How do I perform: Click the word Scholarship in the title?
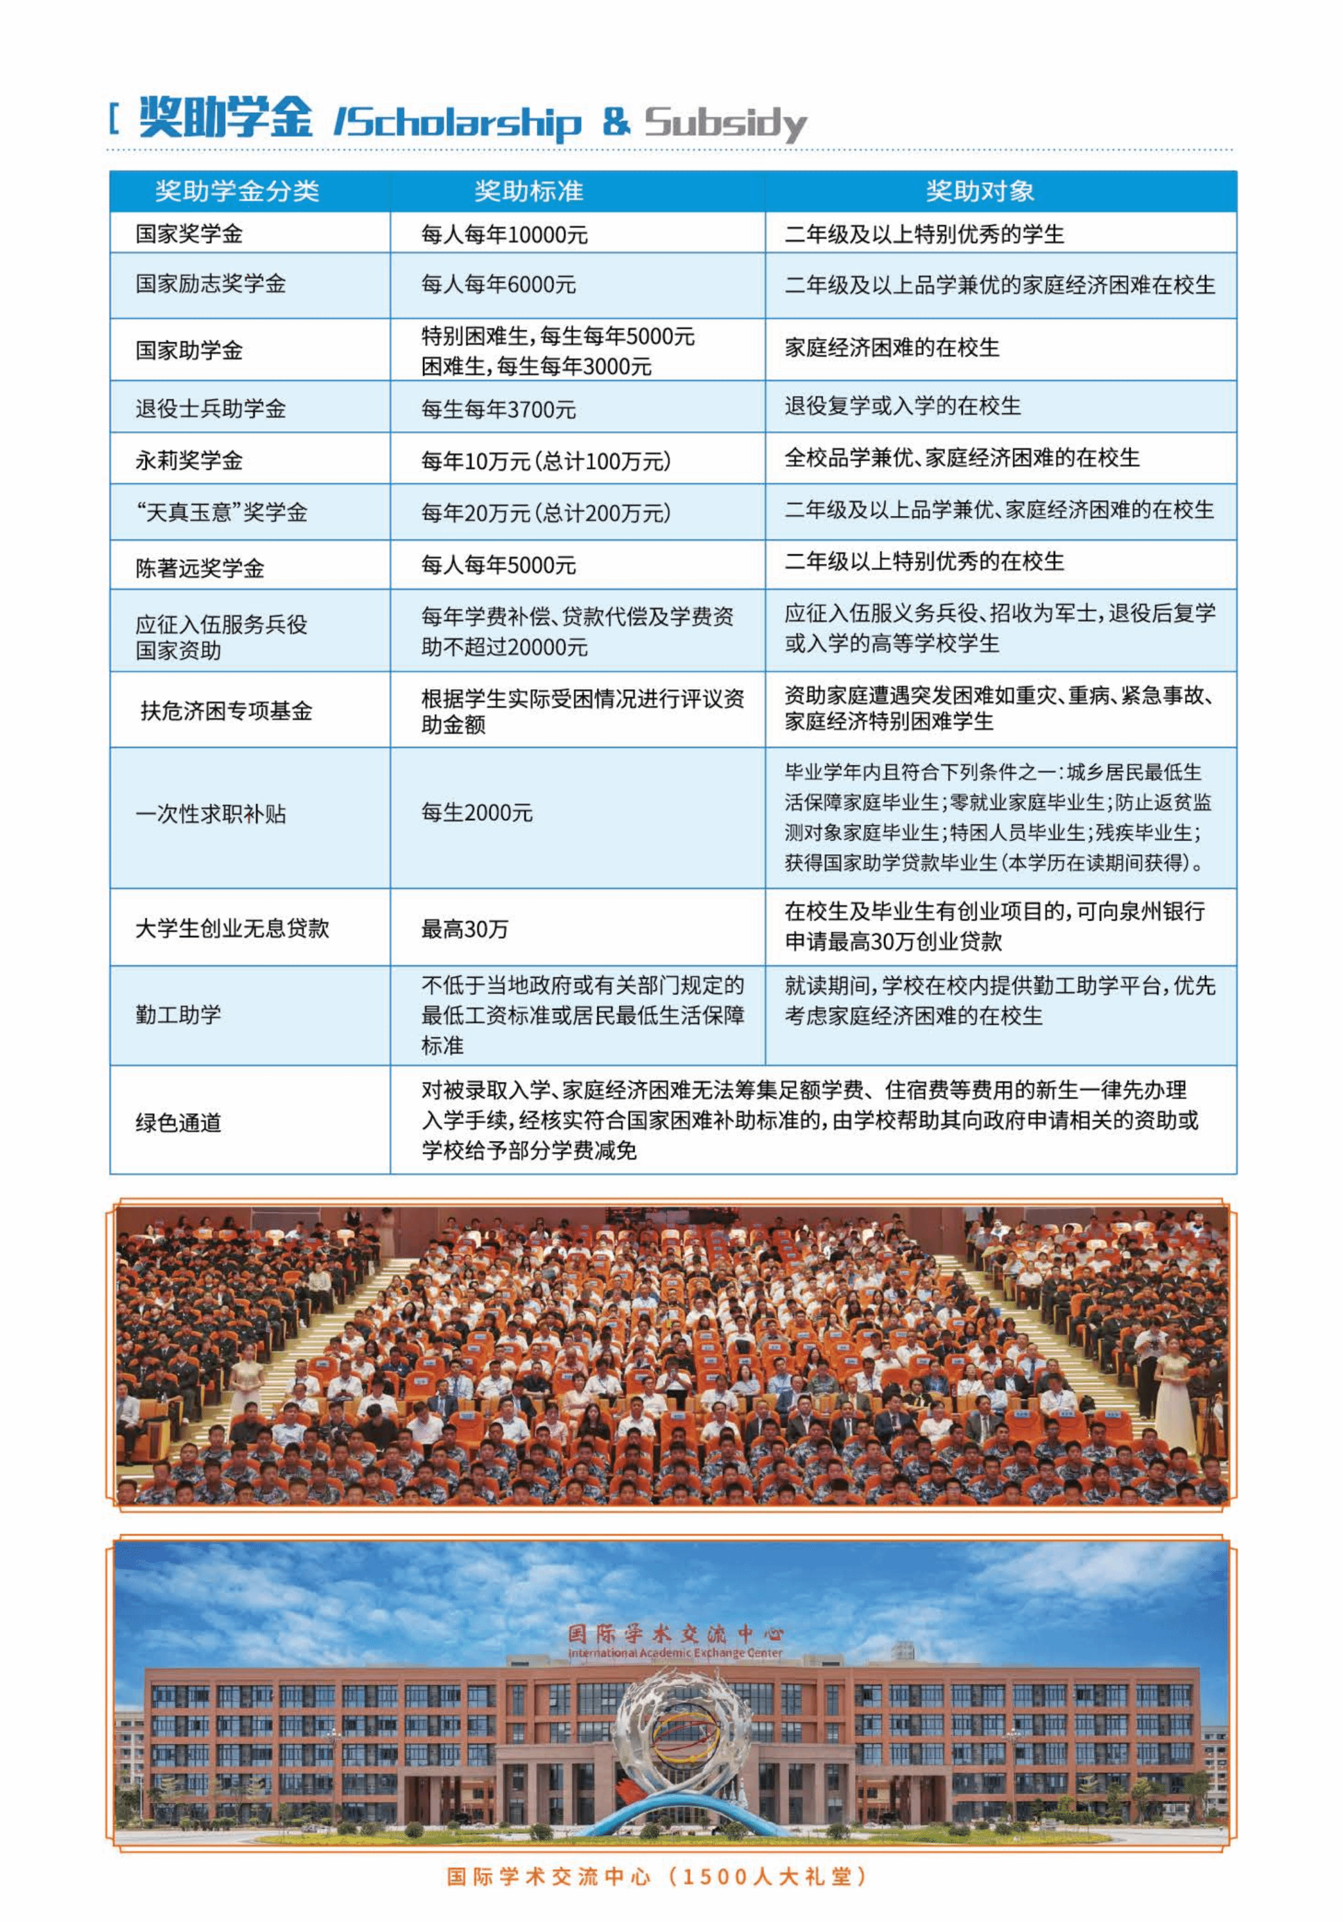[x=458, y=123]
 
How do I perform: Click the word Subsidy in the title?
[x=725, y=123]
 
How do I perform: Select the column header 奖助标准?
[x=528, y=191]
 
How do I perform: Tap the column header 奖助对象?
[x=979, y=191]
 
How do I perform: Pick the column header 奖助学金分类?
[x=237, y=191]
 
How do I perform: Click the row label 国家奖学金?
[x=189, y=233]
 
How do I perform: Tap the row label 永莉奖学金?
[x=189, y=460]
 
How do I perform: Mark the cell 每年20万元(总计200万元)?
[x=546, y=512]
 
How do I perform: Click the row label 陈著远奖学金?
[x=200, y=568]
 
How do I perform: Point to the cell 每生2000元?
[x=476, y=812]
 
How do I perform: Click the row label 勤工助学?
[x=178, y=1015]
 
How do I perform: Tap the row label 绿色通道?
[x=178, y=1122]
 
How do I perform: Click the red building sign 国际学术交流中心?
[x=674, y=1633]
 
